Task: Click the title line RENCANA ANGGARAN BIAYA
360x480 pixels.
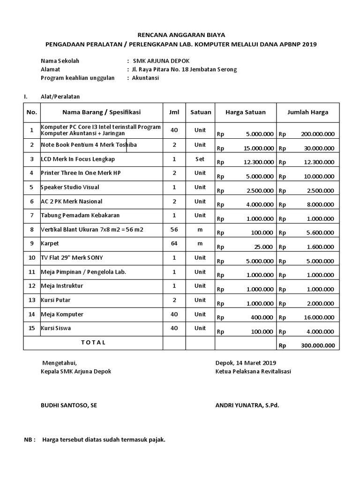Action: tap(181, 35)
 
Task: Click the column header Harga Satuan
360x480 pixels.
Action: tap(245, 112)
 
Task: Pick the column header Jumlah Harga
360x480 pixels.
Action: tap(307, 112)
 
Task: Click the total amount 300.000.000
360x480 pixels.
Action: tap(317, 345)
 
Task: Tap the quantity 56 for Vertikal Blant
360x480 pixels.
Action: tap(174, 230)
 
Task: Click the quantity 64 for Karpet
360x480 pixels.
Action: tap(174, 244)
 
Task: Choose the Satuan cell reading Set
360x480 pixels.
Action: tap(200, 159)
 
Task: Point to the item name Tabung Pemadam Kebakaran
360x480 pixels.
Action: tap(80, 215)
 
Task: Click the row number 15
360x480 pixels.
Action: tap(32, 328)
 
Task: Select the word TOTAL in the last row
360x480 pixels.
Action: tap(93, 342)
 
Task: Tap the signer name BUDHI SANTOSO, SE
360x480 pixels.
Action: tap(69, 405)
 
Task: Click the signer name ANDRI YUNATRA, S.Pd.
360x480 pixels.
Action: tap(247, 405)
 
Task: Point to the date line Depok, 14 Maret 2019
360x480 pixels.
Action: tap(246, 362)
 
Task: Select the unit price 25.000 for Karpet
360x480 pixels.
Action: tap(264, 247)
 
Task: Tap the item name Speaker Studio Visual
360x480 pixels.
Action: tap(70, 187)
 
